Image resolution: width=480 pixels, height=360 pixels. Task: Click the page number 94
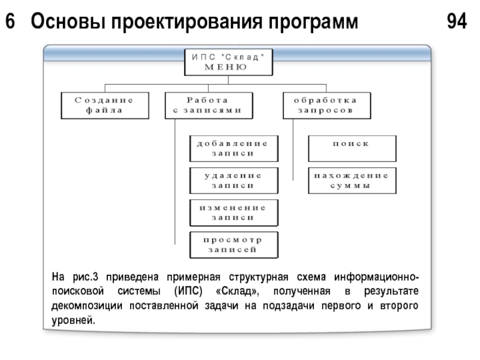pyautogui.click(x=457, y=21)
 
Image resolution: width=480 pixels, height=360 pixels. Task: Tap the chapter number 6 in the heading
pyautogui.click(x=10, y=21)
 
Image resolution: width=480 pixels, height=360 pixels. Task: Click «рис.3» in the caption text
pyautogui.click(x=85, y=277)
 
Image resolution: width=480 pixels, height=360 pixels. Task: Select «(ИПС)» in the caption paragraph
pyautogui.click(x=188, y=291)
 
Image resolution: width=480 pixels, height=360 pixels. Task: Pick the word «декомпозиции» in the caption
pyautogui.click(x=86, y=306)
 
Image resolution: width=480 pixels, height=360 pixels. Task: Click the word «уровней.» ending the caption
pyautogui.click(x=73, y=320)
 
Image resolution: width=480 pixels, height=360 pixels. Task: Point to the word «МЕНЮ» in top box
pyautogui.click(x=226, y=67)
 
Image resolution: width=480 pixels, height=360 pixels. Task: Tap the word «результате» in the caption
pyautogui.click(x=391, y=291)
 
